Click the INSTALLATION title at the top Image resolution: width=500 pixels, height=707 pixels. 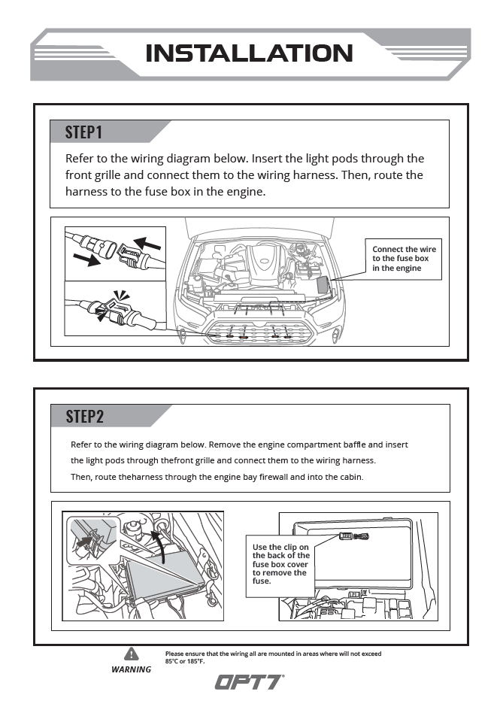tap(249, 53)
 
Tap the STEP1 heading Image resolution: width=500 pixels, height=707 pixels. tap(83, 132)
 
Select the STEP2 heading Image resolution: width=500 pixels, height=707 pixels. tap(84, 416)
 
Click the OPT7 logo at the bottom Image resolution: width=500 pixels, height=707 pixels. tap(249, 681)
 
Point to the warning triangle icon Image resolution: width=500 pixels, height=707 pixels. tap(132, 653)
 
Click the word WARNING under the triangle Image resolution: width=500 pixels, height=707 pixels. tap(132, 669)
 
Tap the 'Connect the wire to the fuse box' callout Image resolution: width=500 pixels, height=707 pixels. tap(404, 259)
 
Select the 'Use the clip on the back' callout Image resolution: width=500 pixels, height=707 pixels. tap(280, 564)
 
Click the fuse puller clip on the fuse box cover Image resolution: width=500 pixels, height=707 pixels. tap(353, 536)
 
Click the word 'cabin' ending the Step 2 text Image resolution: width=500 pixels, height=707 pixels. tap(350, 477)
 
